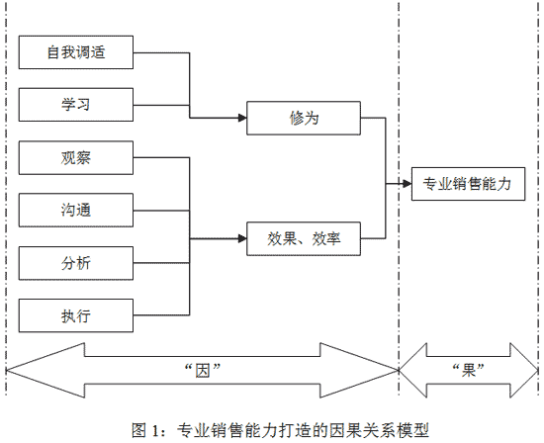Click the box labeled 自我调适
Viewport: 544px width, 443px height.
click(76, 52)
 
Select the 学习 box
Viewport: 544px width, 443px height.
click(76, 105)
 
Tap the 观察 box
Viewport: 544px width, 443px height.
click(76, 157)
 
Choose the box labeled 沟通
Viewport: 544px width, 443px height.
click(76, 211)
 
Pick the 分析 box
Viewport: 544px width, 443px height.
click(76, 263)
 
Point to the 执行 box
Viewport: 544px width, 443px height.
click(76, 315)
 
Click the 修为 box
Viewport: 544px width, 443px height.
click(304, 118)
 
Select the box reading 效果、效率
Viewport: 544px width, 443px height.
click(304, 239)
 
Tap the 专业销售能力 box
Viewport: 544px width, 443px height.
click(469, 184)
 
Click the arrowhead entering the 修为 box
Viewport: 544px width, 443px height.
click(242, 118)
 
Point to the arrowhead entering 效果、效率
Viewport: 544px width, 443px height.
click(242, 239)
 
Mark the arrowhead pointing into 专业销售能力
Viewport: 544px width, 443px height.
click(408, 184)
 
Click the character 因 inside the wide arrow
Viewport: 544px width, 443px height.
click(203, 371)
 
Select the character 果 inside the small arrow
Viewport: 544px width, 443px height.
click(469, 371)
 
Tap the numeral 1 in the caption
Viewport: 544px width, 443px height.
click(155, 431)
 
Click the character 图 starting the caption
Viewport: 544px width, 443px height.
click(138, 430)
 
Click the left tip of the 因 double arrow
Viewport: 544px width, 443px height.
click(6, 371)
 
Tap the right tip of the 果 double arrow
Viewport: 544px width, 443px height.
click(538, 371)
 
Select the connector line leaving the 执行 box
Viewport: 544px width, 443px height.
click(161, 315)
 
